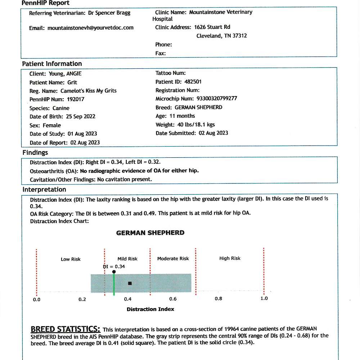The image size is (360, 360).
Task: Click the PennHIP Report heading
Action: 45,3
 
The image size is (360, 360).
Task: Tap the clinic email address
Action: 90,28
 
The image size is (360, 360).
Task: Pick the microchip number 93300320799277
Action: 217,99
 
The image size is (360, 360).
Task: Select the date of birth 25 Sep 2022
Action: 81,117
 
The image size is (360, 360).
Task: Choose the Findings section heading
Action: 35,153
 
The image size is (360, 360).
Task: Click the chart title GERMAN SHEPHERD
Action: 150,233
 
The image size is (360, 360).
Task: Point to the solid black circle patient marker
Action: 114,272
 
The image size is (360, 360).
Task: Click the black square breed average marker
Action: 130,283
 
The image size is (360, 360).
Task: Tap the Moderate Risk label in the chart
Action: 173,258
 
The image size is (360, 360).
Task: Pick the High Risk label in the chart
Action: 230,258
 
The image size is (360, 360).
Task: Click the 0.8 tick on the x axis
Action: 219,299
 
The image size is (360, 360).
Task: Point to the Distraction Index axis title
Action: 150,309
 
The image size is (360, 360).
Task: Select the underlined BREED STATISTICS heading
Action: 65,329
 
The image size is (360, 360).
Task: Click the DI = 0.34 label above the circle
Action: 114,266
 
